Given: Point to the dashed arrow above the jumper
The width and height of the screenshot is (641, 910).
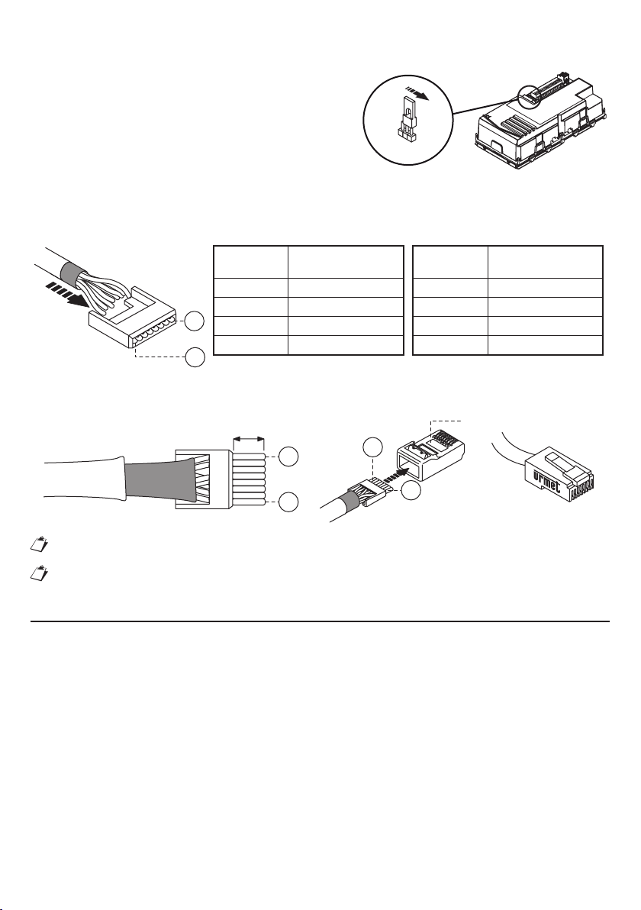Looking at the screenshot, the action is [x=417, y=94].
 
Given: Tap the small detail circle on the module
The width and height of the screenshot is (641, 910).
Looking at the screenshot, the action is [x=528, y=95].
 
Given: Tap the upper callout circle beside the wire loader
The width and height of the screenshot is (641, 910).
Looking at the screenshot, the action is [x=195, y=321].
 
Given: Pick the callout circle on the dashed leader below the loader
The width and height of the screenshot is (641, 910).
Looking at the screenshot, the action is [x=195, y=357].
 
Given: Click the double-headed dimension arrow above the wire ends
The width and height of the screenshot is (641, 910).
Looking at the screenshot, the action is [x=248, y=439].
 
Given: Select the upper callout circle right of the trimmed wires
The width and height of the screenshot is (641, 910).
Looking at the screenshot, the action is [x=289, y=457].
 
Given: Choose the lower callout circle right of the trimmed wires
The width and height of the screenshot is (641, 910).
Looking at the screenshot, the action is [x=289, y=502].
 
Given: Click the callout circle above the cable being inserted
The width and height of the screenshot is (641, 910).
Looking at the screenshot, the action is [x=372, y=447].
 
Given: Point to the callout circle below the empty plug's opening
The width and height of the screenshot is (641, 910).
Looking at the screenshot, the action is [x=411, y=491].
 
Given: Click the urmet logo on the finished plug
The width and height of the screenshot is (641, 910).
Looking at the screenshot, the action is [x=546, y=480].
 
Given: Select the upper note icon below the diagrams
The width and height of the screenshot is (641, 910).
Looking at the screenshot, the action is [x=38, y=544].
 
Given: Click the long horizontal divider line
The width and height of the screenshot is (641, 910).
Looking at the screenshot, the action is [x=320, y=621].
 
